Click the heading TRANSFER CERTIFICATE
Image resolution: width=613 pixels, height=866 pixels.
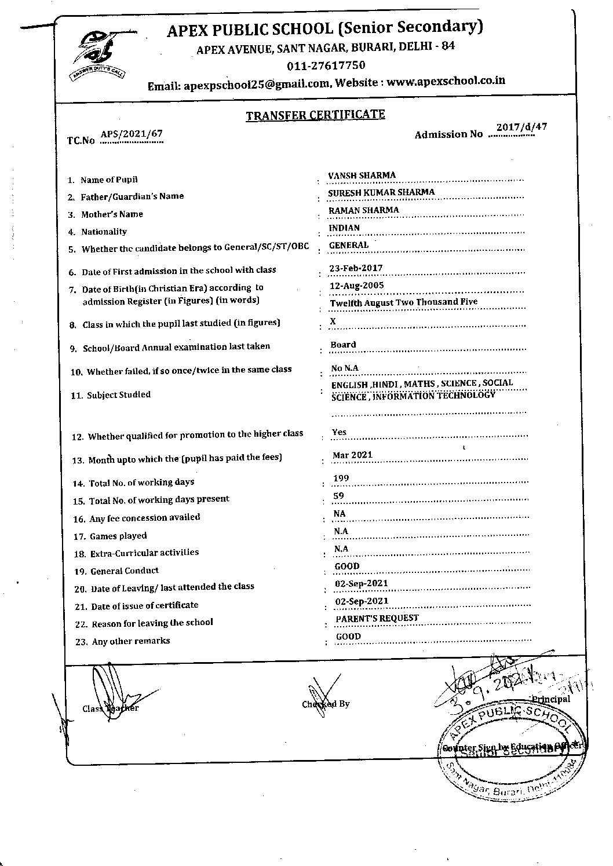(315, 114)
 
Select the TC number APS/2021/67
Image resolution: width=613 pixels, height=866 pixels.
(132, 134)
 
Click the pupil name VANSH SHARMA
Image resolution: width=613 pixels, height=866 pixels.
(362, 175)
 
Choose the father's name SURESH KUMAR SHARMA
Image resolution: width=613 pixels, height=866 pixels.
(381, 192)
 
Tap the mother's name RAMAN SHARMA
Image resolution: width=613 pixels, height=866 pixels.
(363, 210)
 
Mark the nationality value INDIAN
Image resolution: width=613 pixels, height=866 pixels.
(344, 228)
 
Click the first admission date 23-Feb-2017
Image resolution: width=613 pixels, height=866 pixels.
(356, 268)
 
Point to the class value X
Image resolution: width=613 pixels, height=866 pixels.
(333, 321)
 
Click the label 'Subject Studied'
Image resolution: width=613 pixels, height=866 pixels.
(119, 394)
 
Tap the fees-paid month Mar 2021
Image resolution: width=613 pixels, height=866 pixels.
(352, 455)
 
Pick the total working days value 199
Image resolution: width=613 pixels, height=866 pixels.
(341, 478)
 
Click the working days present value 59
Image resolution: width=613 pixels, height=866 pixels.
(339, 495)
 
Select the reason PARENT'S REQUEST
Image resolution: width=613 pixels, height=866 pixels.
(377, 618)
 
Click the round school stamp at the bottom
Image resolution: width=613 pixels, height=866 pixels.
(510, 753)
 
